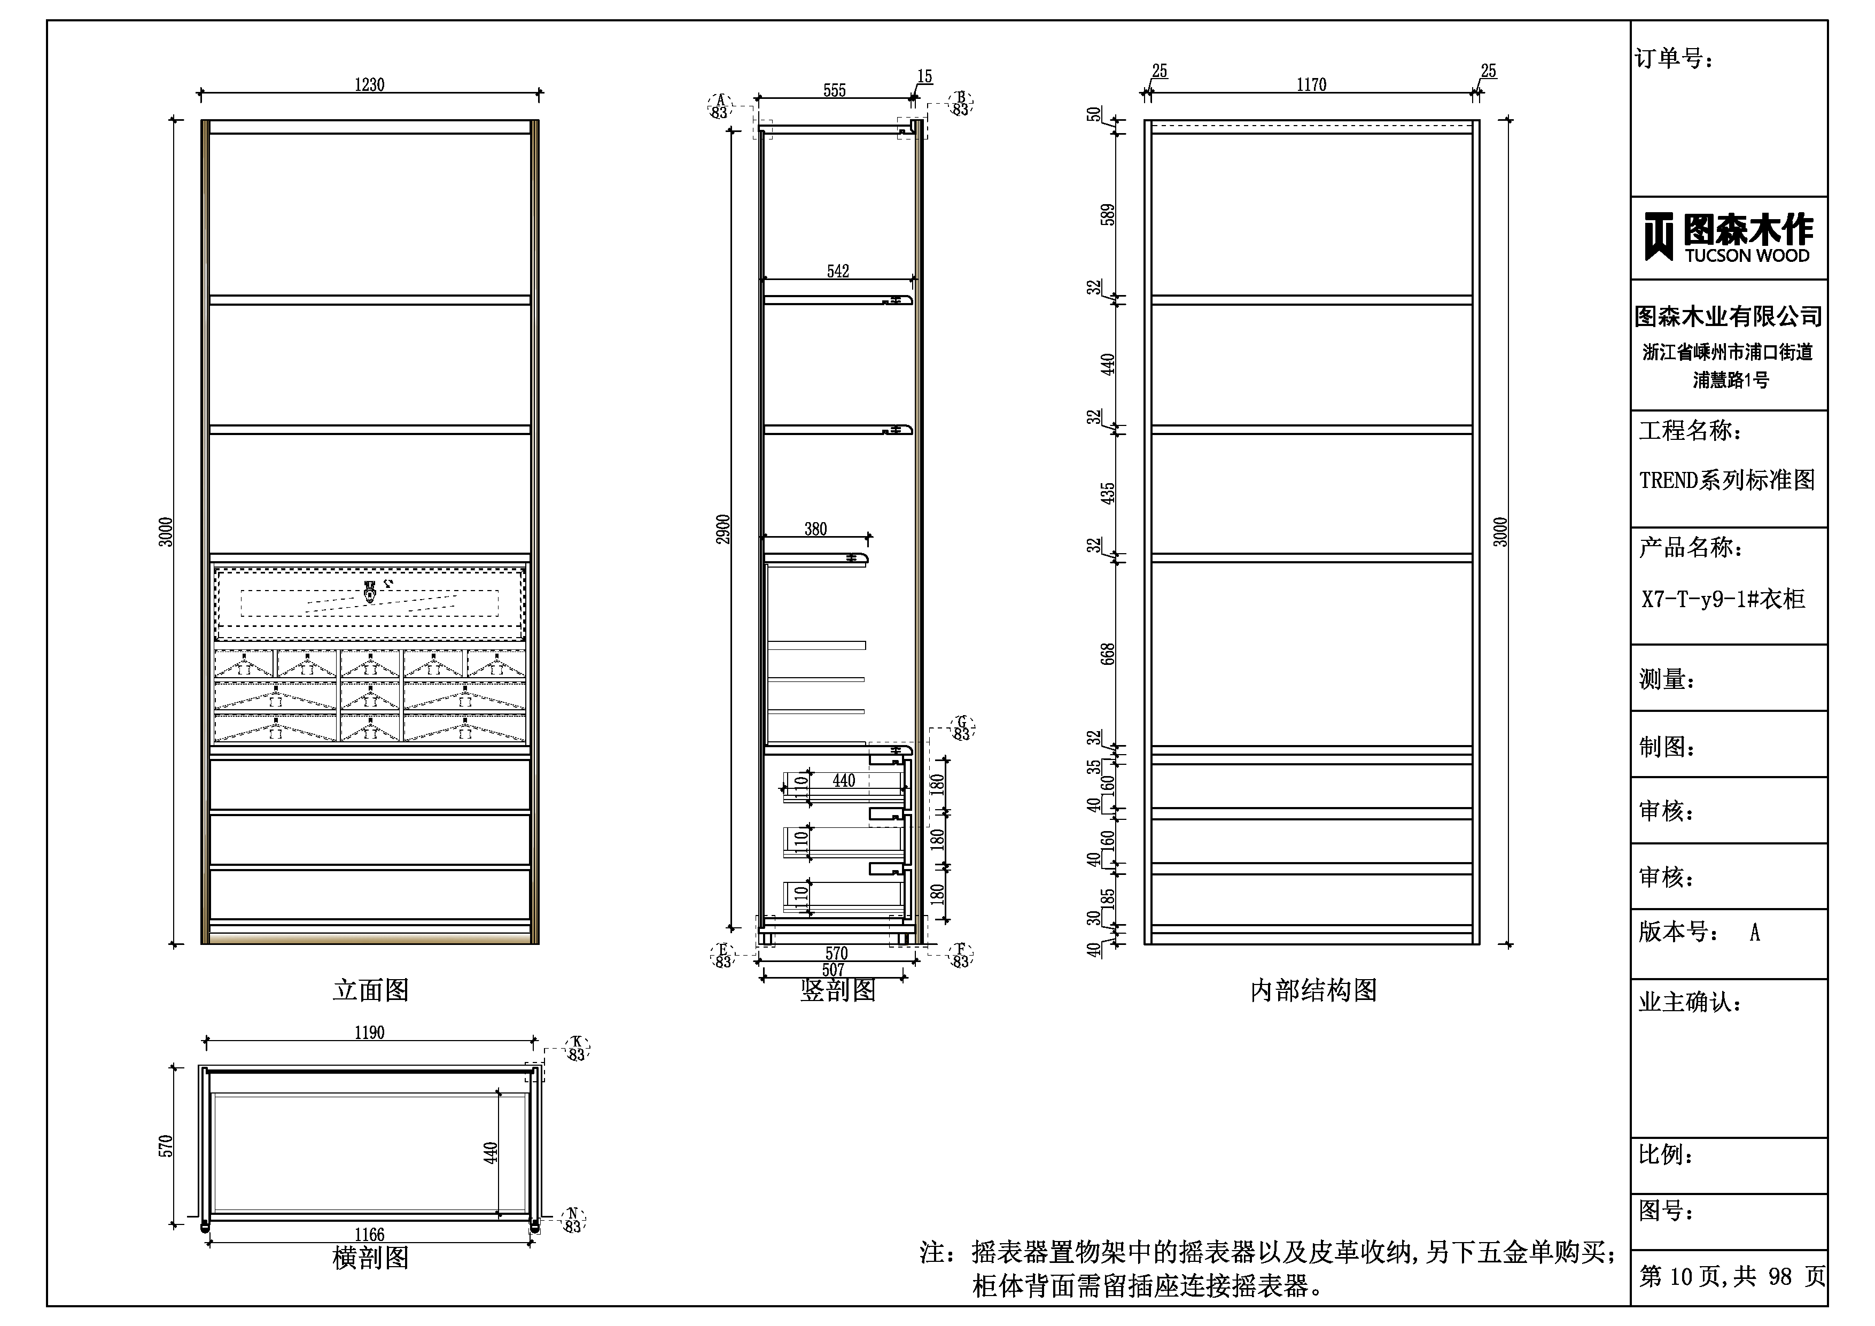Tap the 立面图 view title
click(371, 990)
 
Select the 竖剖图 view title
click(838, 991)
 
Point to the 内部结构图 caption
click(1313, 991)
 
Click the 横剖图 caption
click(371, 1258)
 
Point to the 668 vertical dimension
click(1107, 654)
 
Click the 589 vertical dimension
click(1107, 215)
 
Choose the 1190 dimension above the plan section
click(369, 1033)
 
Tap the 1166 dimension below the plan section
click(369, 1235)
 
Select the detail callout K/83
click(577, 1048)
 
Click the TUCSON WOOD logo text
click(1747, 255)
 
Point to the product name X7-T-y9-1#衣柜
click(1723, 600)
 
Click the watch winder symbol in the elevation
click(370, 592)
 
